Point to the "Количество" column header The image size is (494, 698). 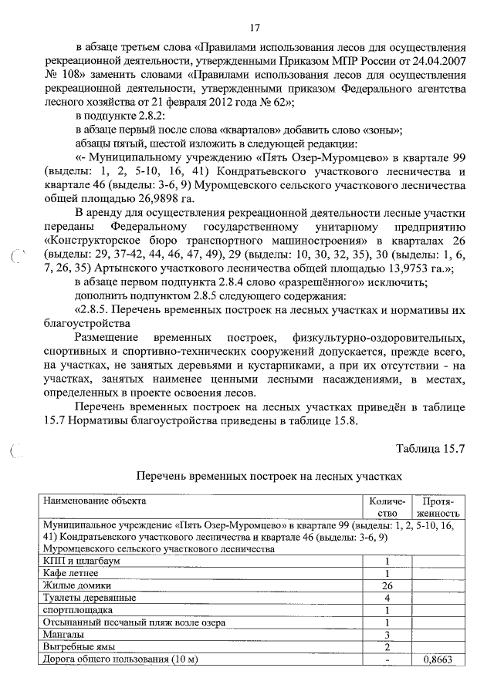386,507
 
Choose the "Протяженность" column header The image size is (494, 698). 438,507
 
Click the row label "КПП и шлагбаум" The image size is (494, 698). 82,561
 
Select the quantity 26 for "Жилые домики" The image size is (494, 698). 386,585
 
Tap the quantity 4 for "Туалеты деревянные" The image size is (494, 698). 386,598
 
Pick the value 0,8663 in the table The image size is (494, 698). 438,660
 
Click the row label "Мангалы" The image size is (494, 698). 63,635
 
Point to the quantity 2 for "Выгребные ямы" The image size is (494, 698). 386,647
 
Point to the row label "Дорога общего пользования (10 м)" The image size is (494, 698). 122,660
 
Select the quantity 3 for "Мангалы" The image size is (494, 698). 386,635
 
